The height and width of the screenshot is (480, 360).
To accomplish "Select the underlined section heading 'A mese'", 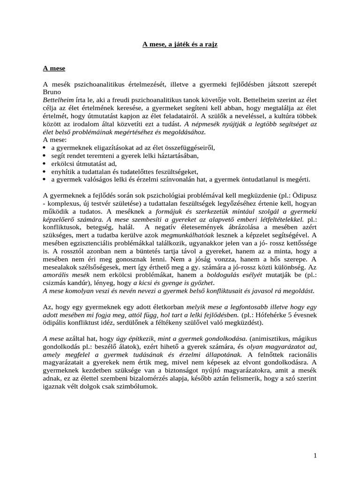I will pyautogui.click(x=54, y=68).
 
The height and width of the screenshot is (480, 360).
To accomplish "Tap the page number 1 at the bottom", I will pyautogui.click(x=315, y=456).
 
